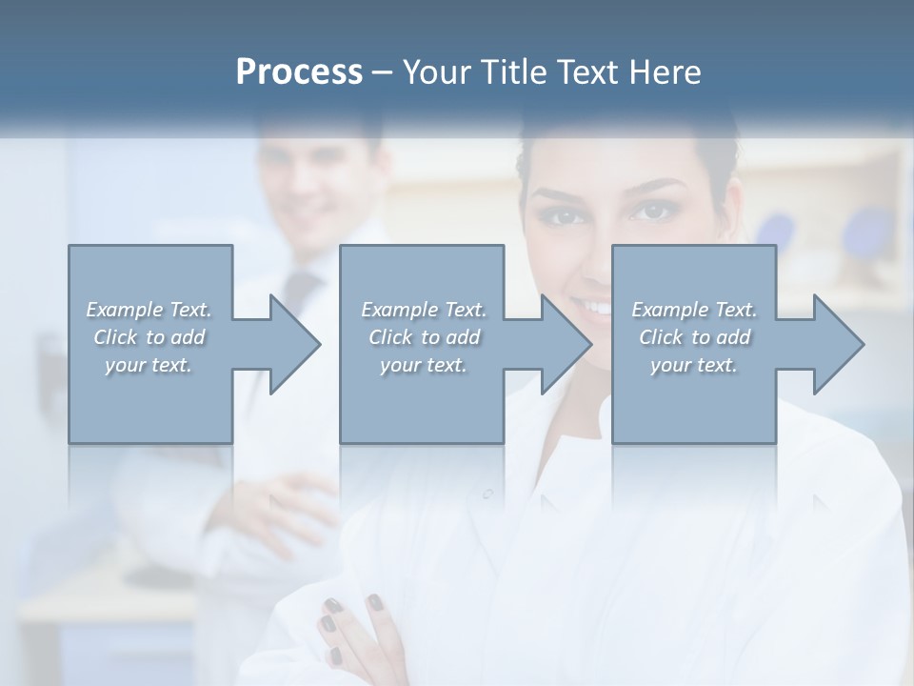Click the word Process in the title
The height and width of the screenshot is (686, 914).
(299, 72)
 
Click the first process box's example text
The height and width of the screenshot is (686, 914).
(149, 336)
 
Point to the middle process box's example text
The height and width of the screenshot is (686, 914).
(423, 336)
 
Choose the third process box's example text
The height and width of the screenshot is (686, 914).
(694, 336)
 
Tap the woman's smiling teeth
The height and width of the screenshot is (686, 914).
(597, 308)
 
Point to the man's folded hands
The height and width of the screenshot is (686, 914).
(286, 505)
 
